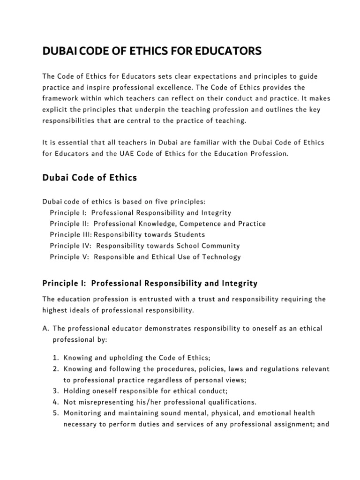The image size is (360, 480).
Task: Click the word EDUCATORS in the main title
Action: pyautogui.click(x=226, y=51)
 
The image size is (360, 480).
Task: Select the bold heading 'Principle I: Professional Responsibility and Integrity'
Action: pyautogui.click(x=150, y=283)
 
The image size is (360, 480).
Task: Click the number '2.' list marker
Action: pyautogui.click(x=55, y=369)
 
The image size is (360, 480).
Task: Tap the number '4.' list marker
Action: pyautogui.click(x=55, y=402)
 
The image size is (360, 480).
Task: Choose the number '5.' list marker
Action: pyautogui.click(x=55, y=412)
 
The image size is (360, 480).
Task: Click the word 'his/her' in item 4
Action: pyautogui.click(x=140, y=402)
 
